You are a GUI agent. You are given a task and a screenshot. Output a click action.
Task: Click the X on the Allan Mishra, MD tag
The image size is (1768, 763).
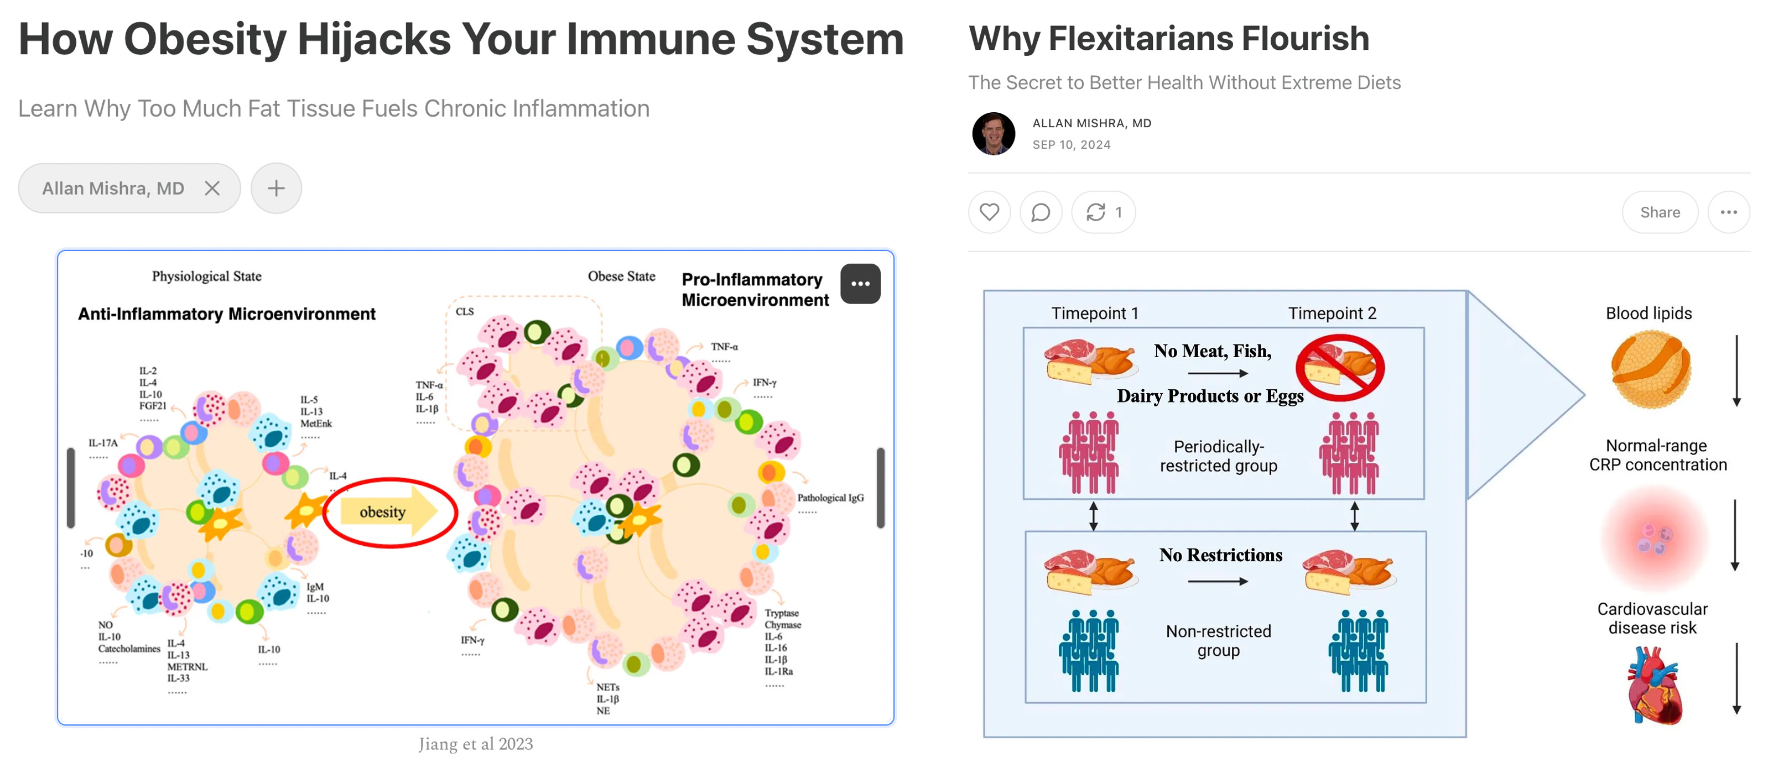(212, 188)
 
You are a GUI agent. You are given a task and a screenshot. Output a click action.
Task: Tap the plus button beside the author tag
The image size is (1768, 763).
(276, 188)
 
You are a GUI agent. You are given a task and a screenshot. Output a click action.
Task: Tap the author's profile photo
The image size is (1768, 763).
(993, 134)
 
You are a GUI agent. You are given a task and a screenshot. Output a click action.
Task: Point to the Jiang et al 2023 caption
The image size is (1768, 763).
(476, 744)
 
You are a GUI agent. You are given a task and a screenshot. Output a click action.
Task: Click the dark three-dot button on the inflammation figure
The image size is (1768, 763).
(860, 284)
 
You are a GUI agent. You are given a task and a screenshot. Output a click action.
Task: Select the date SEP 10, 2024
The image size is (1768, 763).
(1072, 145)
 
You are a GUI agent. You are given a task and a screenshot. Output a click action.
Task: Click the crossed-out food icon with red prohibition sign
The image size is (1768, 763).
(1340, 368)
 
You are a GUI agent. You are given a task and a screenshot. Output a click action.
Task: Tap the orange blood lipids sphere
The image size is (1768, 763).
(1651, 369)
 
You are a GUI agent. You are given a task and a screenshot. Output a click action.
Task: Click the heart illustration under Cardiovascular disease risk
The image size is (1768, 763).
(1655, 686)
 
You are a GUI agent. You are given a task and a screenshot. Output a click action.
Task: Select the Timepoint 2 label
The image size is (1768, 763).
(1332, 313)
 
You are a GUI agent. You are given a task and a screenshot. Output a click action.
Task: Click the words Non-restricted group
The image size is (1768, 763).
(1218, 640)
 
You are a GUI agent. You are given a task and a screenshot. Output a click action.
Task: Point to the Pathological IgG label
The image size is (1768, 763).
(830, 498)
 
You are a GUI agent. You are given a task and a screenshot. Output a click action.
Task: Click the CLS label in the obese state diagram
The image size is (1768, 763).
(465, 311)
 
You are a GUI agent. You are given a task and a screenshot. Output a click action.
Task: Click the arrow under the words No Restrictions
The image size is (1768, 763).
(1218, 581)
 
